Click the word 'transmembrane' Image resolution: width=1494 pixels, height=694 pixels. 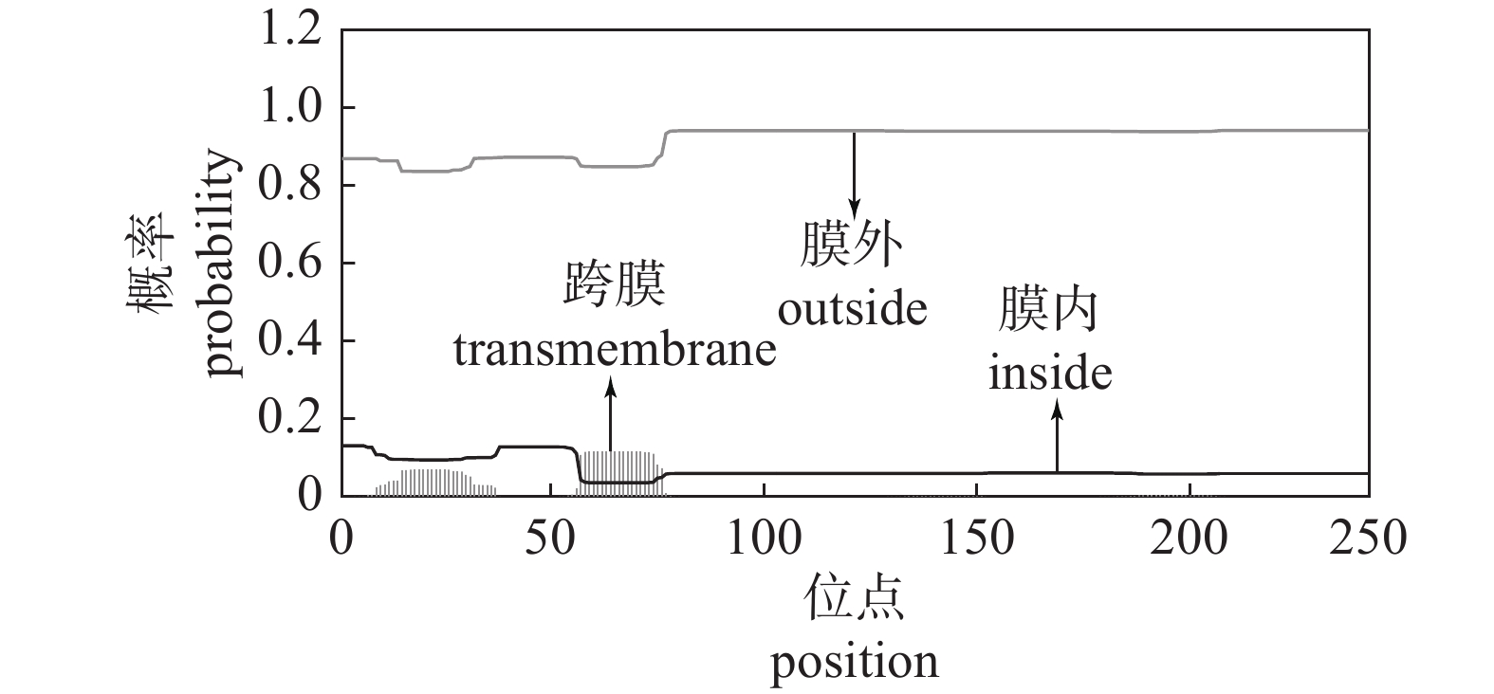click(614, 352)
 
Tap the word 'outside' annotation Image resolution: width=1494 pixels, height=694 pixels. click(852, 309)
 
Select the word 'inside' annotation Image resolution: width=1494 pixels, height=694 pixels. click(1050, 373)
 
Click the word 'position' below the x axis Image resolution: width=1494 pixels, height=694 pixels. click(854, 661)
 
